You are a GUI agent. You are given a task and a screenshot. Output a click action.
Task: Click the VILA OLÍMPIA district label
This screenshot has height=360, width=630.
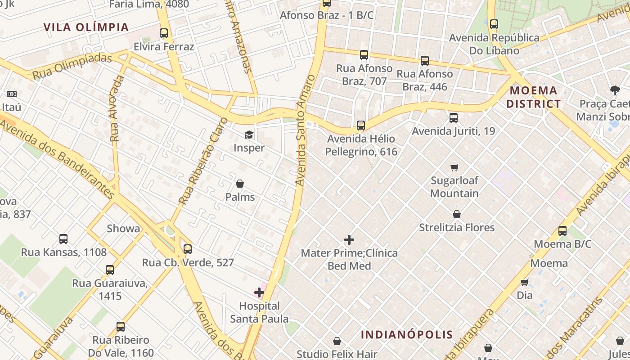pos(86,27)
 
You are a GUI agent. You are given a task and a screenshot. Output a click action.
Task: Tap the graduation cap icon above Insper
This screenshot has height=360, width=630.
pos(249,135)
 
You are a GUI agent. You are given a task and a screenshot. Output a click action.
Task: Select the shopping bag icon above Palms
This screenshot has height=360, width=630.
pos(240,184)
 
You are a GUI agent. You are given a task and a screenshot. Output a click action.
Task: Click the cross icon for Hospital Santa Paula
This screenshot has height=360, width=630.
pos(259,293)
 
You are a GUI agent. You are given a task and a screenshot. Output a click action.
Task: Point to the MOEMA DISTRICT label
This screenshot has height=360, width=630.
pos(534,97)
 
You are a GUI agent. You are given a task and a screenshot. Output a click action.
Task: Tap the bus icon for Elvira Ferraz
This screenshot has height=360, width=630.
pos(164,33)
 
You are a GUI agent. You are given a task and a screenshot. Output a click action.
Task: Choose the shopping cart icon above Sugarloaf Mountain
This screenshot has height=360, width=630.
pos(454,167)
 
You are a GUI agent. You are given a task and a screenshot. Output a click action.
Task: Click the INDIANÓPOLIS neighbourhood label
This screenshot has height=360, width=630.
pos(407,334)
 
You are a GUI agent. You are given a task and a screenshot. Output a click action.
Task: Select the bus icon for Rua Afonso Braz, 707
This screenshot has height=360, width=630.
pos(364,55)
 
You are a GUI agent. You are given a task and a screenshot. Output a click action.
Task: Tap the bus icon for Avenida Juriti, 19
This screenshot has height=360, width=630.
pos(454,118)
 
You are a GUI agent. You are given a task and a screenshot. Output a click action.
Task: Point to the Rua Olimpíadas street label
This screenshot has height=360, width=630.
pos(72,67)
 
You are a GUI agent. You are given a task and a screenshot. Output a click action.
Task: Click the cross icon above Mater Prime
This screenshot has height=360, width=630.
pos(349,240)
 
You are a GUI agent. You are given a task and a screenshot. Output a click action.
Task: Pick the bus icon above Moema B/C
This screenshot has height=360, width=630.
pos(562,231)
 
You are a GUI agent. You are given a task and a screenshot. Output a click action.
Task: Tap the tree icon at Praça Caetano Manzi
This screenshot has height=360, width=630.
pos(615,90)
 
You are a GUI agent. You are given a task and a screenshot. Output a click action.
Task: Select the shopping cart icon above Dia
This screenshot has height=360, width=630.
pos(524,282)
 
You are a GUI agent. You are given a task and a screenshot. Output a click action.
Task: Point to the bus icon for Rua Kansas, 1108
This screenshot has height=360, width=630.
pos(63,239)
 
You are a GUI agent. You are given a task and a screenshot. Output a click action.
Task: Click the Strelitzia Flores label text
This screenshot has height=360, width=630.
pos(457,228)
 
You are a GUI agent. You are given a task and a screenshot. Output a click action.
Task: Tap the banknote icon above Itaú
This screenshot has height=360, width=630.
pos(12,94)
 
